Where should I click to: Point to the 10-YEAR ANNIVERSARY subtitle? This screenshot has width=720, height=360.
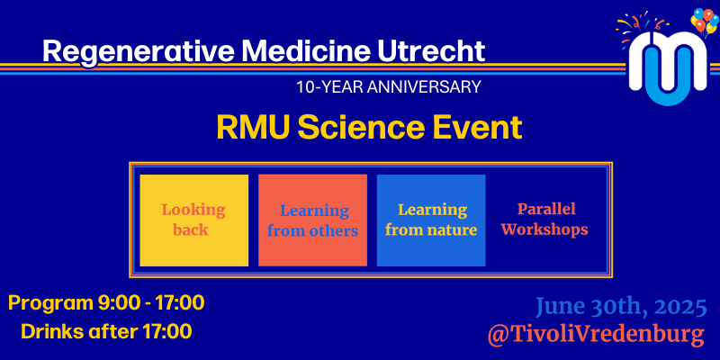tap(389, 86)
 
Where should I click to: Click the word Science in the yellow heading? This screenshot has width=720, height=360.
tap(367, 128)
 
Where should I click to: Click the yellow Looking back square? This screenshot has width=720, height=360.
tap(193, 220)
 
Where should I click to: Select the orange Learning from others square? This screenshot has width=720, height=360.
tap(312, 220)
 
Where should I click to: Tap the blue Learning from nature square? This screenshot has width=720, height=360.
tap(431, 220)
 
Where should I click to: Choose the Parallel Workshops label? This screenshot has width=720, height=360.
tap(545, 219)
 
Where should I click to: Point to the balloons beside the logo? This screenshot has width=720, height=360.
tap(704, 21)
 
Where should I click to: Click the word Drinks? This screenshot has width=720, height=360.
tap(50, 331)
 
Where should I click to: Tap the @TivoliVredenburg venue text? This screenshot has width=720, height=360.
tap(596, 335)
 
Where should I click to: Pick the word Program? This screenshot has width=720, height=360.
tap(50, 304)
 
